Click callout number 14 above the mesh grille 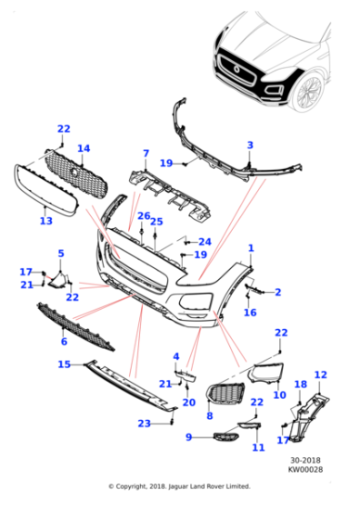84,148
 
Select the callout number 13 46,221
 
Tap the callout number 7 145,154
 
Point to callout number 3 250,145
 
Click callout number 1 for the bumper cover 251,247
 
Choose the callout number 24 205,242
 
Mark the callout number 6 64,342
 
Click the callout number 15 64,364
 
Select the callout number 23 144,424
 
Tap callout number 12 319,374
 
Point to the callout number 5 61,254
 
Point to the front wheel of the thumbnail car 308,90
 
